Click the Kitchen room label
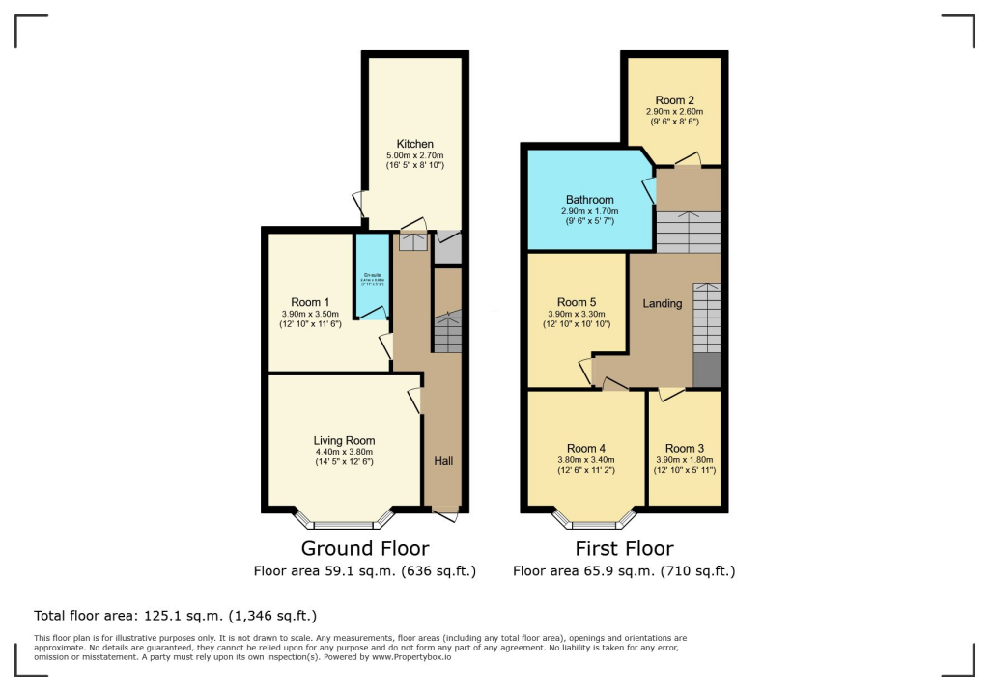point(414,144)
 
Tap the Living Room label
point(344,440)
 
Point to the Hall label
point(443,461)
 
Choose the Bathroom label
point(589,200)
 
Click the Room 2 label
point(674,100)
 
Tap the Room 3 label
point(685,448)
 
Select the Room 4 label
point(586,448)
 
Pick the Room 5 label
point(577,302)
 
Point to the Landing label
point(663,303)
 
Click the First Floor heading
point(624,549)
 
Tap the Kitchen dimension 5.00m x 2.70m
point(414,155)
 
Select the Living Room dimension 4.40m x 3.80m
point(344,452)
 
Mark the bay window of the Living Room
point(344,522)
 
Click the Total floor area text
point(175,615)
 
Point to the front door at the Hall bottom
point(444,516)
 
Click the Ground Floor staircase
point(447,333)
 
